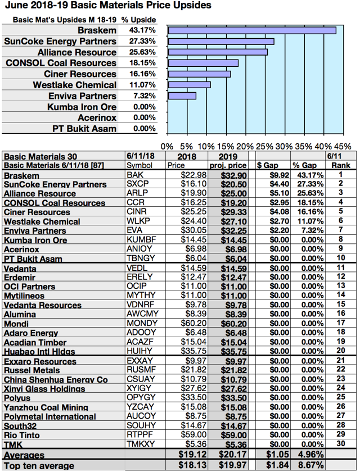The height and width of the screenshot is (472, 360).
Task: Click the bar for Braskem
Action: (252, 30)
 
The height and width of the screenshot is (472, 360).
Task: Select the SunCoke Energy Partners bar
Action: (221, 42)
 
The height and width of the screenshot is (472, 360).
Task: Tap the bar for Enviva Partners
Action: (182, 96)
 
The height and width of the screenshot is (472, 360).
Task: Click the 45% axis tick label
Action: (343, 146)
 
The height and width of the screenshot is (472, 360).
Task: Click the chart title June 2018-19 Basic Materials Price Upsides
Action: (107, 6)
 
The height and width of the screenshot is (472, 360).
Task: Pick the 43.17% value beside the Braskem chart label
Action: (141, 30)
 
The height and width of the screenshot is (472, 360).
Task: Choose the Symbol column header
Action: (139, 166)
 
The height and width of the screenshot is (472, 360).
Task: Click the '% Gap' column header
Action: (303, 166)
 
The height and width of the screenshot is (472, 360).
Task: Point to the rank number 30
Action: (340, 444)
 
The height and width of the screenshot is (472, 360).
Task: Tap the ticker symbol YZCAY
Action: (139, 407)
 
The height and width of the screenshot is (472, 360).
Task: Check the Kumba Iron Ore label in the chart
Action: (82, 107)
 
